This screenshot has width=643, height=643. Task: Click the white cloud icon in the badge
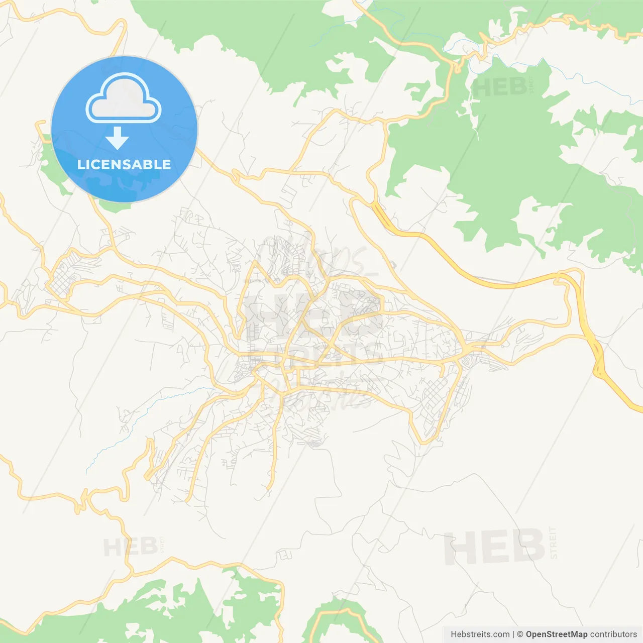(124, 98)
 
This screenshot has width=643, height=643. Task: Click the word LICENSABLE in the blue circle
(124, 164)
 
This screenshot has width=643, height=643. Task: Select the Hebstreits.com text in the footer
(480, 634)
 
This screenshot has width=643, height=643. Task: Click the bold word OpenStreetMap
(556, 634)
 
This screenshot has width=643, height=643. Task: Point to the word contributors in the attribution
(613, 634)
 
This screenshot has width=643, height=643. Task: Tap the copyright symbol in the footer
(520, 634)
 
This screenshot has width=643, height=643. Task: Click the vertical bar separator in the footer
(513, 634)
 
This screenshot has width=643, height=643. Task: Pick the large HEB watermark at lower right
(494, 547)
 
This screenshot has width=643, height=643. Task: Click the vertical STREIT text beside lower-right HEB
(554, 543)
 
